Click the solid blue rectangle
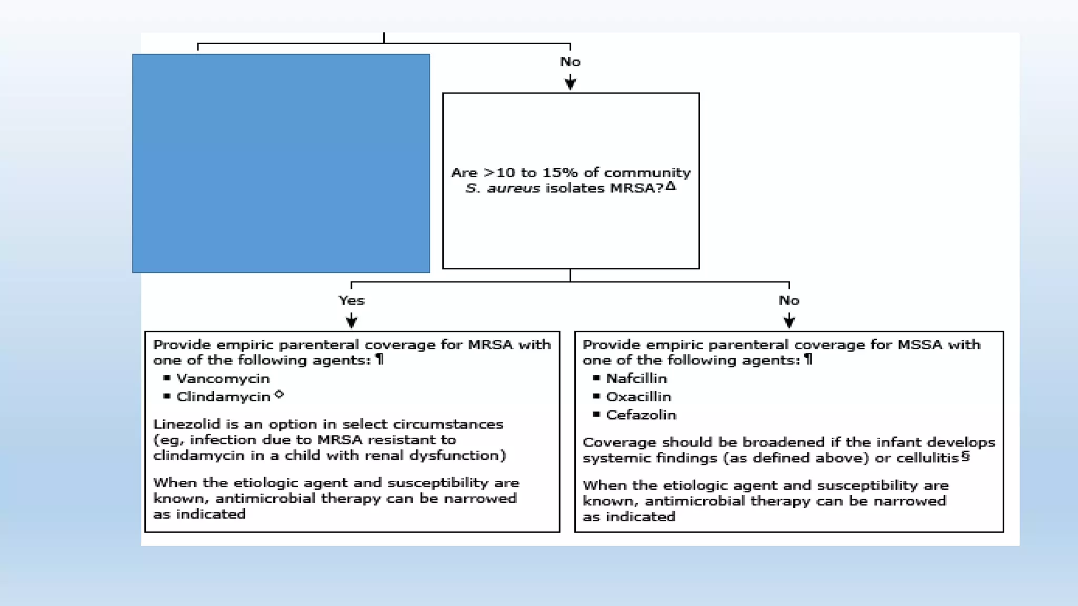[x=281, y=163]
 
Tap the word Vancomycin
[x=223, y=379]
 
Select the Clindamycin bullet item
[x=223, y=397]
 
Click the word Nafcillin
[x=636, y=379]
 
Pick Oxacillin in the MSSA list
[x=638, y=397]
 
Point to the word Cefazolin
[x=641, y=415]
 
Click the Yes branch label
[x=351, y=300]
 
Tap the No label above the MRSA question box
[x=570, y=62]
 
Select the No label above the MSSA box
[x=788, y=300]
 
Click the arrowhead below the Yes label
[x=351, y=321]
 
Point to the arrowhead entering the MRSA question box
[x=570, y=83]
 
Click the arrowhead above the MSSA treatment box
[x=788, y=321]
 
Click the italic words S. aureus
[x=502, y=188]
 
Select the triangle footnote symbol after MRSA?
[x=670, y=186]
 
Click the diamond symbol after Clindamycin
[x=279, y=394]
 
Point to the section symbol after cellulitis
[x=965, y=456]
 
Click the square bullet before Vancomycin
[x=167, y=378]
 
